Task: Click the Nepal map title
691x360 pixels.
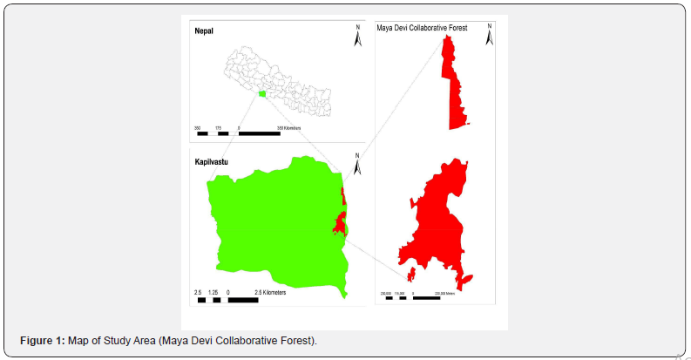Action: (x=203, y=31)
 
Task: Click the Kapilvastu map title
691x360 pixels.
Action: (x=211, y=162)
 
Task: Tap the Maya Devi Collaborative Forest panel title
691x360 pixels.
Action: (x=422, y=29)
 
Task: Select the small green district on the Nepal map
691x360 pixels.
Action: (x=261, y=94)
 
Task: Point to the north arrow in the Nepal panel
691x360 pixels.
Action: (x=357, y=36)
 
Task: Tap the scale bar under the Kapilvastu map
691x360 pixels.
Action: (x=228, y=300)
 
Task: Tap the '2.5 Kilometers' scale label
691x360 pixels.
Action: (x=270, y=293)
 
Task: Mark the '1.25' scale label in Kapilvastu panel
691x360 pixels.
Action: (x=213, y=293)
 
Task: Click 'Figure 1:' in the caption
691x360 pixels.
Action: (x=43, y=340)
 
